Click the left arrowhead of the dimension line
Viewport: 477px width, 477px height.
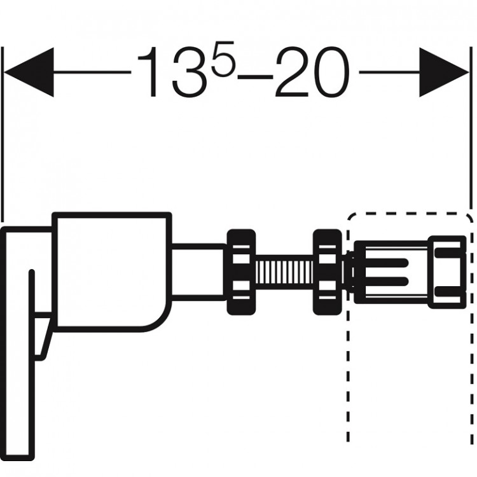pyautogui.click(x=29, y=72)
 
